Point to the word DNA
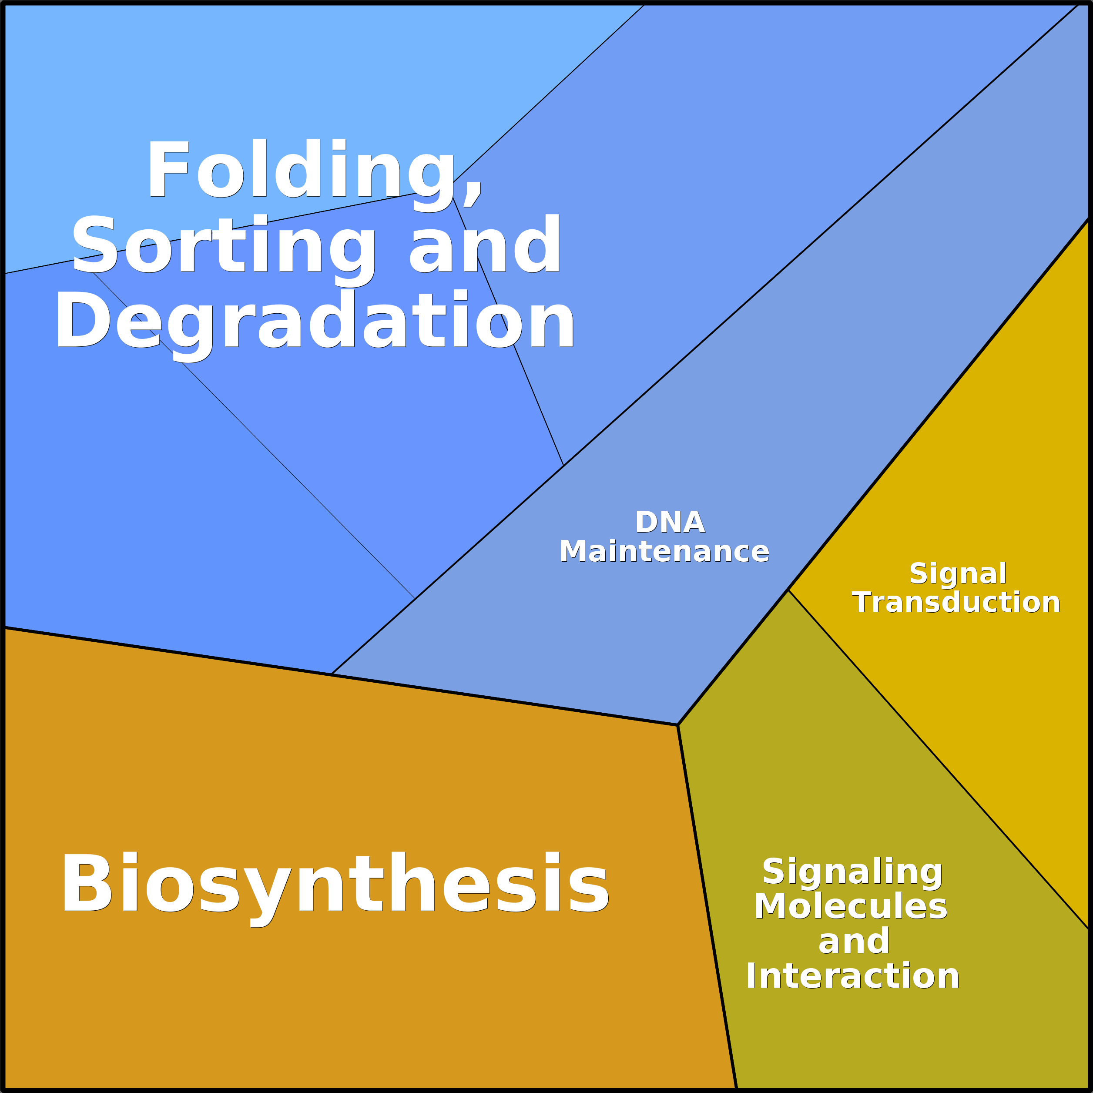tap(670, 522)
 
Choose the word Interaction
tap(852, 976)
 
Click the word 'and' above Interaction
tap(854, 942)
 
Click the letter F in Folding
tap(168, 168)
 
